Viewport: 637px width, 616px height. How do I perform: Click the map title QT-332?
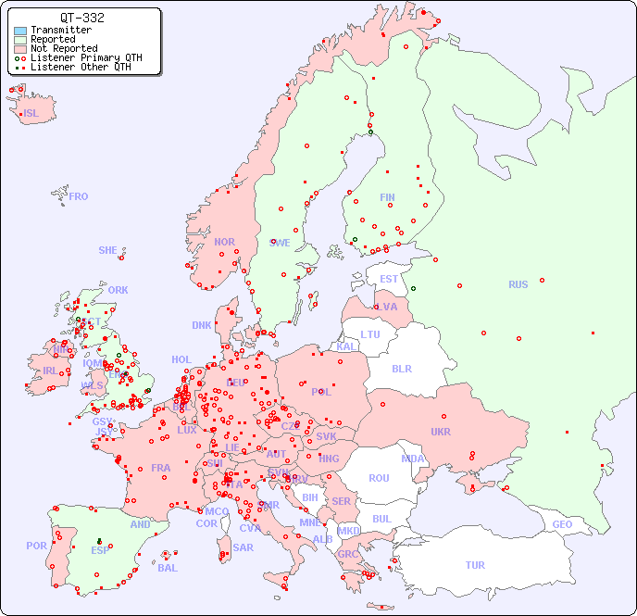[x=81, y=18]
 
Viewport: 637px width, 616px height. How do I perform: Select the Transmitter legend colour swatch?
[x=20, y=31]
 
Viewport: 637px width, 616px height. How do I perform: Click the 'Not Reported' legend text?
[x=63, y=48]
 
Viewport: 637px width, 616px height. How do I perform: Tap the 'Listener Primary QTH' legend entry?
[x=86, y=57]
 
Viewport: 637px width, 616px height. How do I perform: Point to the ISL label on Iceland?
[x=31, y=114]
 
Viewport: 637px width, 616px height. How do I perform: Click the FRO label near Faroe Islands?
[x=79, y=196]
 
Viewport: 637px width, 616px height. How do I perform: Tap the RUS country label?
[x=518, y=284]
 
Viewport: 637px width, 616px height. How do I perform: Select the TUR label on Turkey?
[x=475, y=565]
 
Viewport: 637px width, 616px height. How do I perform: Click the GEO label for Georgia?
[x=562, y=524]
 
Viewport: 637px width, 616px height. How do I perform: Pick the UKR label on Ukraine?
[x=441, y=432]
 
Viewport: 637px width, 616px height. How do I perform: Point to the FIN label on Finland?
[x=387, y=197]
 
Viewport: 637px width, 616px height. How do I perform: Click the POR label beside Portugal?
[x=36, y=546]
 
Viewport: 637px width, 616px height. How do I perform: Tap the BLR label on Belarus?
[x=402, y=368]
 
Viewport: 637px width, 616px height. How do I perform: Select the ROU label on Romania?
[x=379, y=478]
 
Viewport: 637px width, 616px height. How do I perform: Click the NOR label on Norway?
[x=224, y=242]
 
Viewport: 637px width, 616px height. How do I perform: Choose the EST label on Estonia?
[x=389, y=279]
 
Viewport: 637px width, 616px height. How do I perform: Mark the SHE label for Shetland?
[x=108, y=250]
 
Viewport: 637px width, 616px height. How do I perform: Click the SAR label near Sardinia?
[x=244, y=547]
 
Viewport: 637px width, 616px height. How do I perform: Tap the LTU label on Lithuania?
[x=370, y=334]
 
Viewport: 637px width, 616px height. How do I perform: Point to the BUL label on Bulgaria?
[x=381, y=519]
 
